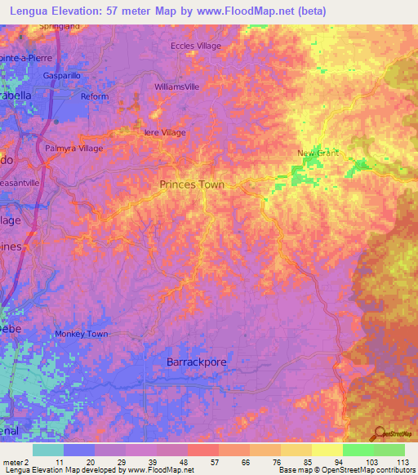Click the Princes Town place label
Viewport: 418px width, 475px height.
point(192,184)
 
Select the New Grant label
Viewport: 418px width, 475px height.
point(318,153)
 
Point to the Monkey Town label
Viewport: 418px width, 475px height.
point(82,335)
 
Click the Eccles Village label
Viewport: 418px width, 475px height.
point(196,47)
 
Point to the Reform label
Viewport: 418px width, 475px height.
point(94,96)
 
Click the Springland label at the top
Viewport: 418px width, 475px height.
point(60,26)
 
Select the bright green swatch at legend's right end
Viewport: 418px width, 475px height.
point(389,450)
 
